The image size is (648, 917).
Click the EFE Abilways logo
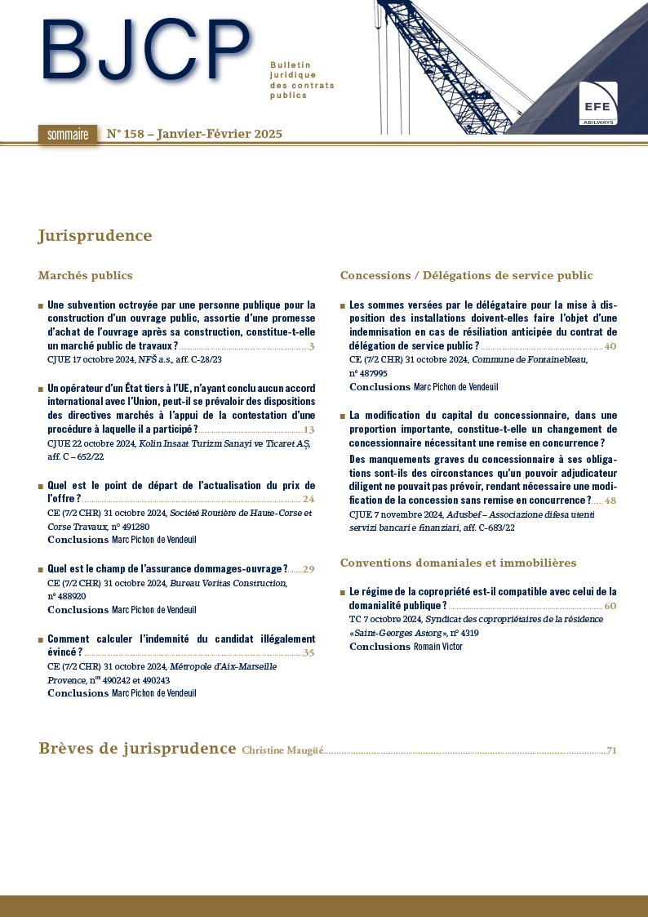coord(597,104)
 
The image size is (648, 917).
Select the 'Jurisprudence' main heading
coord(95,236)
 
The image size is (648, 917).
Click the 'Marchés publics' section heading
coord(85,275)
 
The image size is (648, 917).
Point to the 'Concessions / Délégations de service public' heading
coord(466,275)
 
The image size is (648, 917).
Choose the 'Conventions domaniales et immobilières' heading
coord(458,563)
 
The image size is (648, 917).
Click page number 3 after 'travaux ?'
coord(312,347)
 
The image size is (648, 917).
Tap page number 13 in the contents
coord(308,430)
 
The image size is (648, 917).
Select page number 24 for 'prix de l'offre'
coord(308,499)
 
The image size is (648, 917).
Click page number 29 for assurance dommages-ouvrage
coord(308,569)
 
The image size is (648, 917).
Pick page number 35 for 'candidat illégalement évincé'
coord(308,652)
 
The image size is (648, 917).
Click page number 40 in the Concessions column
coord(610,347)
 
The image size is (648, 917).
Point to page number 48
coord(610,501)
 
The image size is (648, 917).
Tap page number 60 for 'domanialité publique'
coord(610,606)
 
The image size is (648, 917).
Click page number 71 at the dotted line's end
coord(611,750)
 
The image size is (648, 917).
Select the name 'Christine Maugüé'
coord(282,750)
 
